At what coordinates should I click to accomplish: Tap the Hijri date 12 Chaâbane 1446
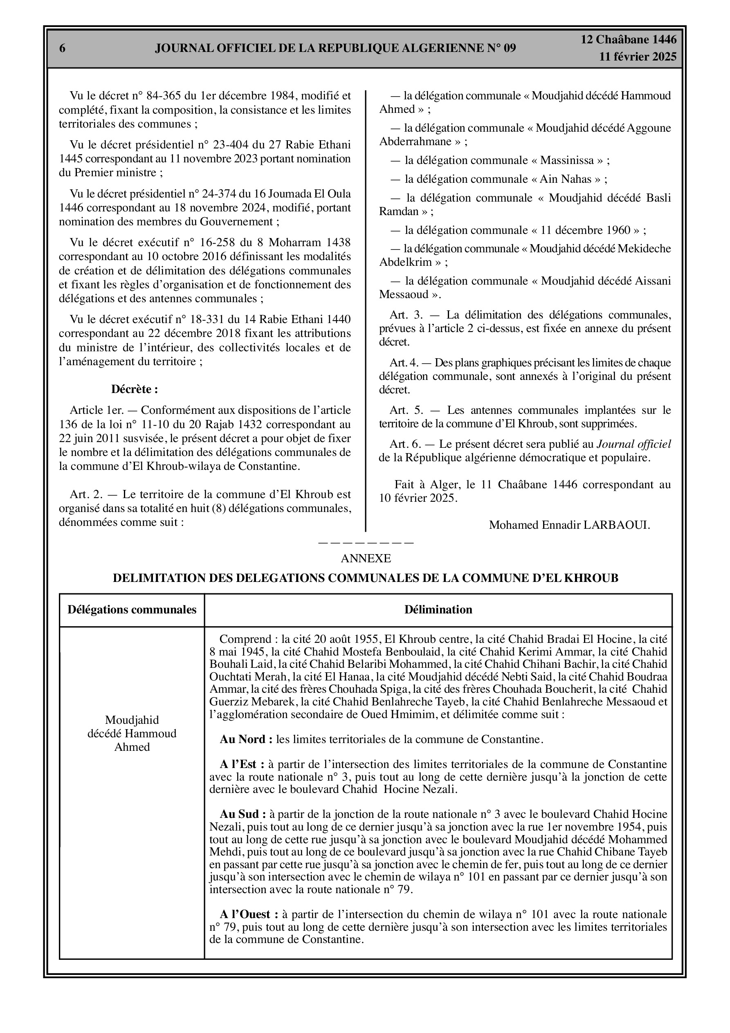628,40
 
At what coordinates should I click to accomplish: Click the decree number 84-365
164,96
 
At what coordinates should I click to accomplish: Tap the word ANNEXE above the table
366,558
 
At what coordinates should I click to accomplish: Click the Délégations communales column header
132,610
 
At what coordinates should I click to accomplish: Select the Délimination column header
438,610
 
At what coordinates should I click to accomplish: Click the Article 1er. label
93,410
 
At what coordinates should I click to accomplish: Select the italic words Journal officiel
633,445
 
